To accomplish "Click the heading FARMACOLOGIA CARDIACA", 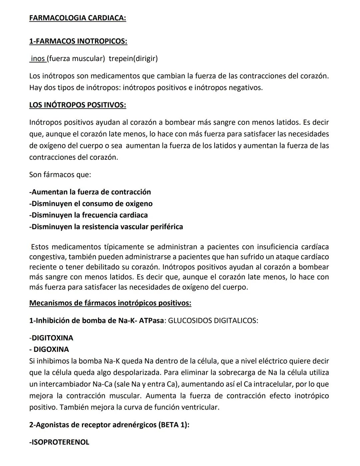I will pos(77,18).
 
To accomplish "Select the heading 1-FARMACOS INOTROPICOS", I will pos(78,41).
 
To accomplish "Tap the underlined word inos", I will pos(38,59).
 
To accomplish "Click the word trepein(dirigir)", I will pos(133,59).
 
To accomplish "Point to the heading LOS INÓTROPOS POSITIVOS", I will pos(77,105).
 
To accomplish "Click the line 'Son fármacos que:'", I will pos(60,174).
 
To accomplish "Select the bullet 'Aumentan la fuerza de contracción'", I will pos(90,192).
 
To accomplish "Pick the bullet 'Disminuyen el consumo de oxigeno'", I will pos(91,204).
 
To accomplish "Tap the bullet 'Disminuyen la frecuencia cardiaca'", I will pos(88,215).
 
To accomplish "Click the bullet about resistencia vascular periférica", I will pos(106,227).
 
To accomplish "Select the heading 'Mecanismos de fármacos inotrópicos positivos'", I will pos(110,303).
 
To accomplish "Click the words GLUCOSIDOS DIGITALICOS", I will pos(213,321).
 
